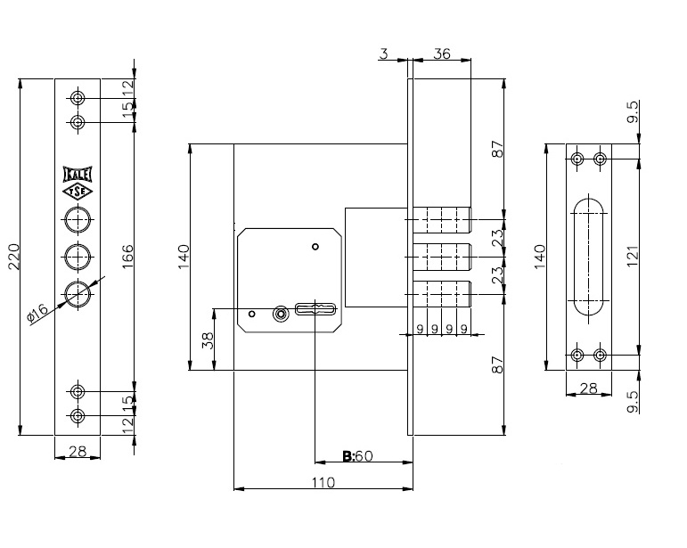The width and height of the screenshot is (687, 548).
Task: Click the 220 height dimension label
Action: [13, 257]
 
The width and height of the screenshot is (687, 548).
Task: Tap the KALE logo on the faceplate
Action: [78, 175]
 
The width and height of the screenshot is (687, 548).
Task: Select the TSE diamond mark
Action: [78, 192]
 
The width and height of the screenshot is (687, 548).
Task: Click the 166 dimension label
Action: [127, 257]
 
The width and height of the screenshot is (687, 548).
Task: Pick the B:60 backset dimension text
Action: [357, 456]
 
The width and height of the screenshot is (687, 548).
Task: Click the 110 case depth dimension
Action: [323, 482]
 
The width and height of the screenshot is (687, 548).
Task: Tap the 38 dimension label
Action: [209, 339]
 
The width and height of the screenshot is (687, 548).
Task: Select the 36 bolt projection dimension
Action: [441, 53]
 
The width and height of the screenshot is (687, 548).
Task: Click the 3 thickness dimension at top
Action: [384, 53]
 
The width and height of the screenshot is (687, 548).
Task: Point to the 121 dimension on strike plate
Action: [633, 257]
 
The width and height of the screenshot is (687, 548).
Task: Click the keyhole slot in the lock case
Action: [315, 309]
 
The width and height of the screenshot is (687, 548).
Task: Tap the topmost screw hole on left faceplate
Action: [78, 98]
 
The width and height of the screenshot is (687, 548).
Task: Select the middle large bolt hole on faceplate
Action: [78, 257]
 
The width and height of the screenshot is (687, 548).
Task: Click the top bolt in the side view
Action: [442, 219]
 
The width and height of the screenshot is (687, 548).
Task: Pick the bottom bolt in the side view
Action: [442, 294]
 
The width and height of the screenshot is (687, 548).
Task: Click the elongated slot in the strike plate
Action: [589, 257]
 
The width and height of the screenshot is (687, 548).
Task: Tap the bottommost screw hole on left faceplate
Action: [78, 416]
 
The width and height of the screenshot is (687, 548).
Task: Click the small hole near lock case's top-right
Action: [315, 247]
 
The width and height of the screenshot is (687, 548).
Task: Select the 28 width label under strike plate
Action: [588, 388]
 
